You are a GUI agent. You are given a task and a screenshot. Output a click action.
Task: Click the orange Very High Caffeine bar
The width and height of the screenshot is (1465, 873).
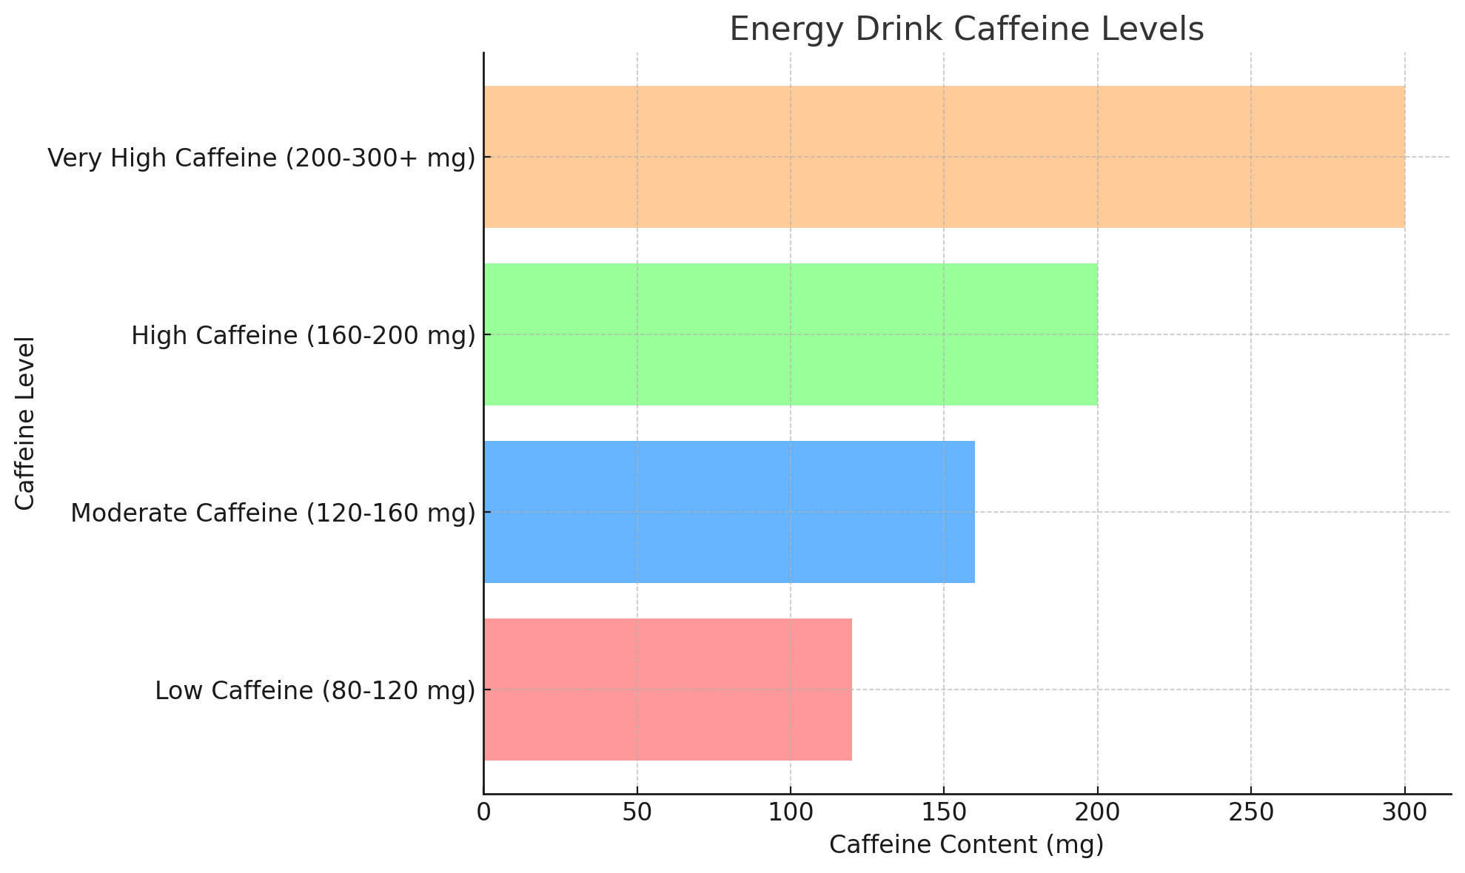(944, 157)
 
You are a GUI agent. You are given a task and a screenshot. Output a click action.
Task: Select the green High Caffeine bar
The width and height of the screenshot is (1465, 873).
(791, 334)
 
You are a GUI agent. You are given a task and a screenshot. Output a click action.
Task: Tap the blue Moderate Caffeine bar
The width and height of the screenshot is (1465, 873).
(729, 512)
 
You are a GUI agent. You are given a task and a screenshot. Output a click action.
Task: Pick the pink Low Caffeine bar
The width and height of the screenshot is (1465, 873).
(668, 690)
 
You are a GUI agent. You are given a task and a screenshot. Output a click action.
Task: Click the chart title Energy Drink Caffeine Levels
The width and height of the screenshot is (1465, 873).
(967, 30)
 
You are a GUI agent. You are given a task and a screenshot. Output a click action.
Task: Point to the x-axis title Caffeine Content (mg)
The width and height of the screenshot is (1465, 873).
(967, 845)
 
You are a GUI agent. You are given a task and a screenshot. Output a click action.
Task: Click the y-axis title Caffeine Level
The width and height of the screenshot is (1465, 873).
(26, 423)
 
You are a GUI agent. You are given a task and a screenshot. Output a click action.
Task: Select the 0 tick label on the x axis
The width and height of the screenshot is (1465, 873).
(483, 812)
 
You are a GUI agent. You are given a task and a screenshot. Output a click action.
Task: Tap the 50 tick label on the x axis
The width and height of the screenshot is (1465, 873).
(637, 812)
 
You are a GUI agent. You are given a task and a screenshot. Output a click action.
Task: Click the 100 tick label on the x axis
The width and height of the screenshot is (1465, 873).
(791, 812)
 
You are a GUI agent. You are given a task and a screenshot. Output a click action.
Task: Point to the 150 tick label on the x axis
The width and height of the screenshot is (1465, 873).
(944, 812)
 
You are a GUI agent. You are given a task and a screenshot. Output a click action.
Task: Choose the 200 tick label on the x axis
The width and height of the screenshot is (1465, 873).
(1097, 812)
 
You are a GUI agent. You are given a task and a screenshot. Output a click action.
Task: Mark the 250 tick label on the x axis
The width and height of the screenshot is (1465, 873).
(1251, 812)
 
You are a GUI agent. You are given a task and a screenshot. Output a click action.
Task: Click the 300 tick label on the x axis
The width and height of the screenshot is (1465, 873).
(1404, 812)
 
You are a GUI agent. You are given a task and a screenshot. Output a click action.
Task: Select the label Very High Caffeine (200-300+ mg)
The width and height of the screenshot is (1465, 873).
(261, 158)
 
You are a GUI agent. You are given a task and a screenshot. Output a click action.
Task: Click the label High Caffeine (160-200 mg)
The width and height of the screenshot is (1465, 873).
(304, 335)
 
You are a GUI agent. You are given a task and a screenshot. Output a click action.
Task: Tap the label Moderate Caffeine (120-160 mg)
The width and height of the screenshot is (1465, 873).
(273, 513)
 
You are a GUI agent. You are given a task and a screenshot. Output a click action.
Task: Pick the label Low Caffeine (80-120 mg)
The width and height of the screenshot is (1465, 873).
(315, 690)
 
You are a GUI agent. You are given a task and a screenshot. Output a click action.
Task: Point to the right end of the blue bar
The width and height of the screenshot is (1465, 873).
(973, 512)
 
